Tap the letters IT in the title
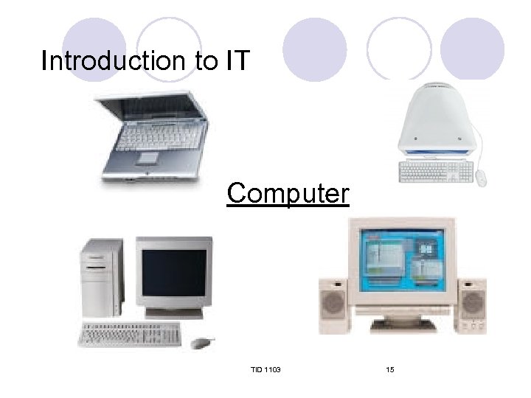[237, 60]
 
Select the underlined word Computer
[288, 193]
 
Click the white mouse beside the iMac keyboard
[482, 178]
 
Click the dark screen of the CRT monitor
[174, 273]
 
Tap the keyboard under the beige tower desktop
[130, 335]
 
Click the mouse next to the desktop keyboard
[201, 342]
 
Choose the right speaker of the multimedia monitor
[471, 306]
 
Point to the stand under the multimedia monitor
[402, 324]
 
